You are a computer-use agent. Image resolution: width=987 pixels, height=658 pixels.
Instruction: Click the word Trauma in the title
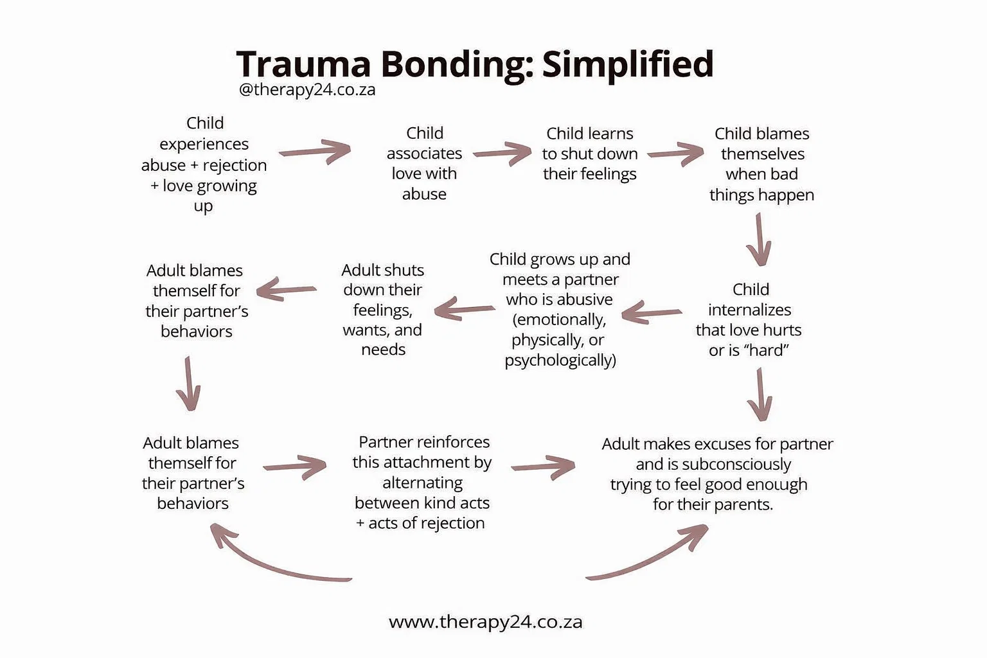pyautogui.click(x=303, y=64)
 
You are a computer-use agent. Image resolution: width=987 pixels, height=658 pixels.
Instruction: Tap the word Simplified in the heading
pyautogui.click(x=628, y=64)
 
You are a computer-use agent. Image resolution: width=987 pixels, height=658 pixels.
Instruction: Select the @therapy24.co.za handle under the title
pyautogui.click(x=307, y=89)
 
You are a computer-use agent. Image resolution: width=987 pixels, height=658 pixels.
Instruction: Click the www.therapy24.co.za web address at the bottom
pyautogui.click(x=485, y=621)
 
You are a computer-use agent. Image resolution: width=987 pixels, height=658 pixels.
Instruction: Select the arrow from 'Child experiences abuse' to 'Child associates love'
pyautogui.click(x=316, y=152)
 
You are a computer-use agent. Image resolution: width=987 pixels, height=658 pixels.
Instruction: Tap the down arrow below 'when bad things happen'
pyautogui.click(x=760, y=239)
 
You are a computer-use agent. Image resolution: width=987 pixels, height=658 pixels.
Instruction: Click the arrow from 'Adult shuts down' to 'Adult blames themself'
pyautogui.click(x=287, y=289)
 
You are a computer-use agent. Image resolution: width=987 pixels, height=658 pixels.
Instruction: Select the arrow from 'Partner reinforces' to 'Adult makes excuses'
pyautogui.click(x=544, y=467)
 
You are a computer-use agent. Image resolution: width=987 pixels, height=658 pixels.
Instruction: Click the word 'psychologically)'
pyautogui.click(x=560, y=360)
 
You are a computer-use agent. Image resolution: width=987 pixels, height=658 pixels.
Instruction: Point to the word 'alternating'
pyautogui.click(x=422, y=483)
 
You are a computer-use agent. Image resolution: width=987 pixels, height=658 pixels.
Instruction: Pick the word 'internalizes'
pyautogui.click(x=749, y=310)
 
